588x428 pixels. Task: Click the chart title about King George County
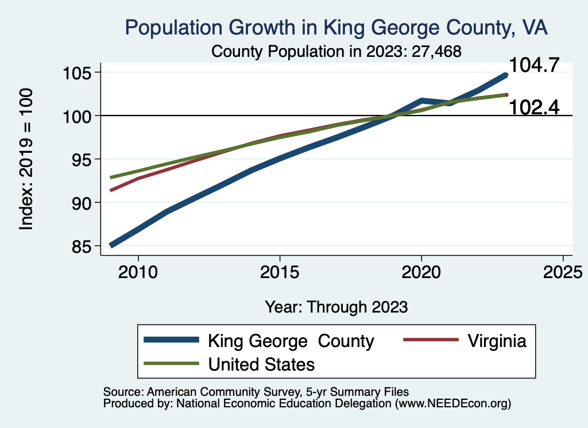click(x=336, y=27)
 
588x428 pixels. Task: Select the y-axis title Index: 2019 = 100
click(x=26, y=159)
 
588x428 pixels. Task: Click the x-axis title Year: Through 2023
click(x=336, y=307)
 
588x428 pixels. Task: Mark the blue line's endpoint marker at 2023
click(x=506, y=75)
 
